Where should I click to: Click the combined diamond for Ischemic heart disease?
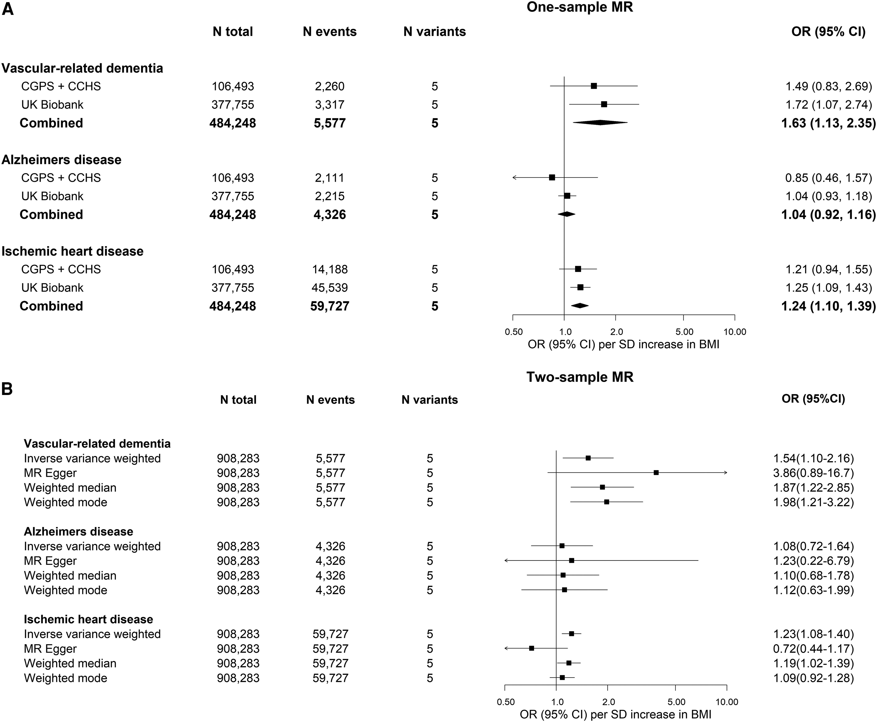[579, 306]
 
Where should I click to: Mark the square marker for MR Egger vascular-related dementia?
[656, 472]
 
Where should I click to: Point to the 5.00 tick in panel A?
[684, 332]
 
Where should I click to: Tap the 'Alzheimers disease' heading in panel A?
[61, 160]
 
